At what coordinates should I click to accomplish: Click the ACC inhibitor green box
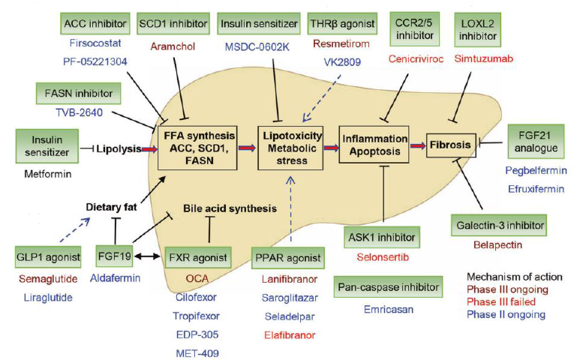pyautogui.click(x=95, y=24)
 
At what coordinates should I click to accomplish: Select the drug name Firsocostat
pyautogui.click(x=95, y=43)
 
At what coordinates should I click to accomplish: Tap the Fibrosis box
pyautogui.click(x=451, y=145)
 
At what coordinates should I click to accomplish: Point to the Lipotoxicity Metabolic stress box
pyautogui.click(x=290, y=148)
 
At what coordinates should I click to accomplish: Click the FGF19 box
pyautogui.click(x=114, y=256)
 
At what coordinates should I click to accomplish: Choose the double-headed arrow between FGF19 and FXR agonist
pyautogui.click(x=147, y=256)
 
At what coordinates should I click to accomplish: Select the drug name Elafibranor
pyautogui.click(x=290, y=334)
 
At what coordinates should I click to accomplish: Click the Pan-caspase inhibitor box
pyautogui.click(x=388, y=286)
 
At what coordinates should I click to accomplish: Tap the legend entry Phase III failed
pyautogui.click(x=500, y=301)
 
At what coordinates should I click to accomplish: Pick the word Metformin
pyautogui.click(x=47, y=174)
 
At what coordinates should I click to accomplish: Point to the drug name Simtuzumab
pyautogui.click(x=483, y=58)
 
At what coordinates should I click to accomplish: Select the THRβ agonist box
pyautogui.click(x=342, y=24)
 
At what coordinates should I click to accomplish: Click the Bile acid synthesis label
pyautogui.click(x=230, y=208)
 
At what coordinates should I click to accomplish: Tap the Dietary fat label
pyautogui.click(x=111, y=207)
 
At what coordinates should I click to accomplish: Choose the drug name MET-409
pyautogui.click(x=197, y=353)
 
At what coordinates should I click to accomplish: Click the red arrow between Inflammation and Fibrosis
pyautogui.click(x=418, y=145)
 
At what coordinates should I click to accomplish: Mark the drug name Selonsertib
pyautogui.click(x=383, y=257)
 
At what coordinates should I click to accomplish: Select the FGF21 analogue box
pyautogui.click(x=536, y=142)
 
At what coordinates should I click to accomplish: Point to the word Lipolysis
pyautogui.click(x=119, y=149)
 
